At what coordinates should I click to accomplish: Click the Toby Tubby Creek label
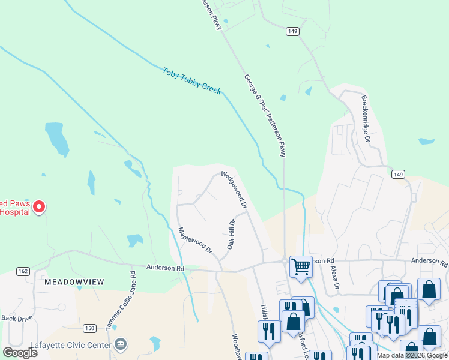coord(192,80)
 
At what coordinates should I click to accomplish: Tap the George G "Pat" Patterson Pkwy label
coord(265,115)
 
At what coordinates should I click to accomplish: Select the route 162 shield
coord(23,271)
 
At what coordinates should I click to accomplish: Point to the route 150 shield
coord(89,328)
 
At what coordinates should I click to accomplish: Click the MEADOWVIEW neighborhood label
coord(74,281)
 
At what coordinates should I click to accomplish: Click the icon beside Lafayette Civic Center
coord(121,344)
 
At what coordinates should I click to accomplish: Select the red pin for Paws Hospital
coord(39,207)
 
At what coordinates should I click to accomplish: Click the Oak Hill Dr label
coord(231,234)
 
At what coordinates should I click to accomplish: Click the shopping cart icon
coord(301,265)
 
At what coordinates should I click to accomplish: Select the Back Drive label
coord(16,318)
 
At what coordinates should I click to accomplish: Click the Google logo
coord(20,352)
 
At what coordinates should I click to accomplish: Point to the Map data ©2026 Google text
coord(412,355)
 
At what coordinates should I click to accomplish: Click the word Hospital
coord(13,211)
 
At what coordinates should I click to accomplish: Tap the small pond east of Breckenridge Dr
coord(426,142)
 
